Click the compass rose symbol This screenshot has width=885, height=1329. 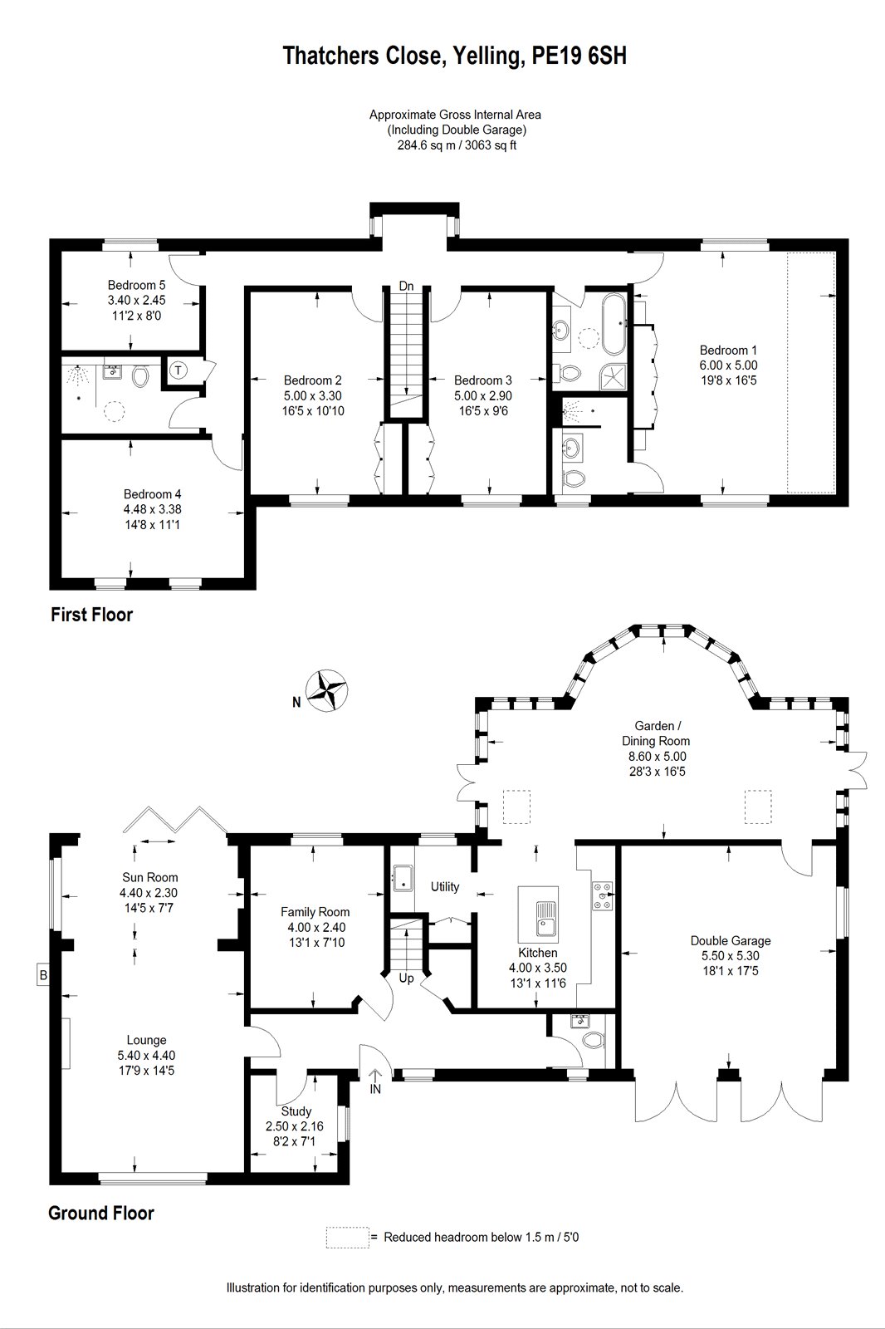[x=327, y=690]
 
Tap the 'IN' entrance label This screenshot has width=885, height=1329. [x=375, y=1089]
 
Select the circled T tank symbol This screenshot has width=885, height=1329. [x=178, y=370]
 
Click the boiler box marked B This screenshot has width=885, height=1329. [x=42, y=975]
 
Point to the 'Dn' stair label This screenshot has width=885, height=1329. [x=406, y=286]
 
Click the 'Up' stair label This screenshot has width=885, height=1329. [x=406, y=978]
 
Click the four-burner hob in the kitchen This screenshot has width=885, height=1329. [x=602, y=894]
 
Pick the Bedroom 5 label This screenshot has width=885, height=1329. [x=136, y=285]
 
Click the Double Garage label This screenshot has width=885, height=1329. [x=731, y=940]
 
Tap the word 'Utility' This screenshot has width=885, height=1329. [x=445, y=886]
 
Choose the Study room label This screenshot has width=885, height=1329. [x=296, y=1111]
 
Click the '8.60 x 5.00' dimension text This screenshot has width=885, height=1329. [x=658, y=757]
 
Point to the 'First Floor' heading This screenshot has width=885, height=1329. [x=92, y=615]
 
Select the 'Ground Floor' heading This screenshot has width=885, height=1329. [x=101, y=1214]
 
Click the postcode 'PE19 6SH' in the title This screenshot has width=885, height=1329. [x=579, y=56]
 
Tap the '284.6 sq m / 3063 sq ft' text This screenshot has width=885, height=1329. [x=456, y=145]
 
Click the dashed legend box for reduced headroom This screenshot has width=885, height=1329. [x=347, y=1238]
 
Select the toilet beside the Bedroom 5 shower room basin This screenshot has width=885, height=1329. [x=140, y=375]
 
